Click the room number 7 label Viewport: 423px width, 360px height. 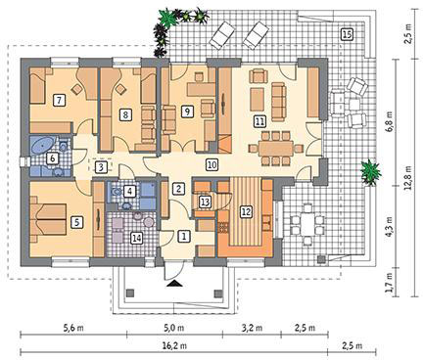pyautogui.click(x=59, y=100)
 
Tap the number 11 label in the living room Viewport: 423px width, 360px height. pyautogui.click(x=259, y=121)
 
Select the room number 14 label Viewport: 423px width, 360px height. pyautogui.click(x=136, y=239)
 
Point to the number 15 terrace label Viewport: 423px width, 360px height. pyautogui.click(x=347, y=34)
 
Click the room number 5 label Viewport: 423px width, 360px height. pyautogui.click(x=77, y=222)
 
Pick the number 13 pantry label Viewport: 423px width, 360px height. pyautogui.click(x=205, y=202)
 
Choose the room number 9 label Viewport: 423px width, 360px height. pyautogui.click(x=187, y=112)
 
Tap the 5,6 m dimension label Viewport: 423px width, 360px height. pyautogui.click(x=73, y=328)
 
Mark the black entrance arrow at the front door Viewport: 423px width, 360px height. pyautogui.click(x=174, y=284)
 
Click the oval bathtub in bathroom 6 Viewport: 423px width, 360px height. pyautogui.click(x=43, y=145)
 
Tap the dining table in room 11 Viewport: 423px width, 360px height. pyautogui.click(x=276, y=149)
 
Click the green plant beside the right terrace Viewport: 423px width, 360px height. pyautogui.click(x=371, y=172)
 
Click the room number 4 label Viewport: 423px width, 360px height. pyautogui.click(x=129, y=192)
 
